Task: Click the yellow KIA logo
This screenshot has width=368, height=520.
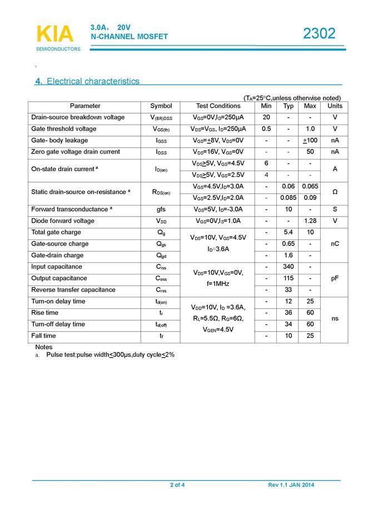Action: click(x=54, y=34)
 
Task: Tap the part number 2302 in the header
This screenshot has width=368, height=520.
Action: click(x=319, y=34)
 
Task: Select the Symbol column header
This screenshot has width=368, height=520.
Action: click(x=161, y=106)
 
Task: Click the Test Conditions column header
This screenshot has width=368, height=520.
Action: click(x=218, y=106)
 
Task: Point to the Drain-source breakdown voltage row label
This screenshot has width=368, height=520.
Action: click(x=78, y=117)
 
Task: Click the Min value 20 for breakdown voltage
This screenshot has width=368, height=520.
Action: click(x=266, y=117)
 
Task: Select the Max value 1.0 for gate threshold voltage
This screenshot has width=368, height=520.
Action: click(x=310, y=129)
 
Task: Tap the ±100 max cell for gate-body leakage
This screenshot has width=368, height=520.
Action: click(x=310, y=141)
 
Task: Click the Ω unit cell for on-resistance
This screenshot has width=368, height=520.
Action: click(x=335, y=192)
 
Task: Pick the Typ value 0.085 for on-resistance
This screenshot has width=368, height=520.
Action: click(x=289, y=198)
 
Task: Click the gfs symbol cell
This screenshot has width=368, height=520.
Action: click(x=161, y=209)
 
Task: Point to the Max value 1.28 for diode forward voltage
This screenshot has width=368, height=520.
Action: click(x=310, y=221)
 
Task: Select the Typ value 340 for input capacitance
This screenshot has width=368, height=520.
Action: click(x=289, y=267)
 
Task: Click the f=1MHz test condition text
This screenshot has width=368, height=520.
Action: click(x=218, y=283)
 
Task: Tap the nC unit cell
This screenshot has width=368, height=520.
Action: click(x=335, y=244)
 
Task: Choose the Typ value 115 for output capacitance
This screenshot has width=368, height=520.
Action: click(x=289, y=278)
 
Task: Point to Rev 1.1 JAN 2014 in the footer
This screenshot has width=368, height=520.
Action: click(x=291, y=486)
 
